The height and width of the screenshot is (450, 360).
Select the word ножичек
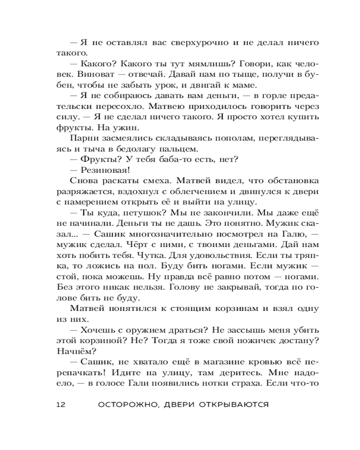coord(249,341)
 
